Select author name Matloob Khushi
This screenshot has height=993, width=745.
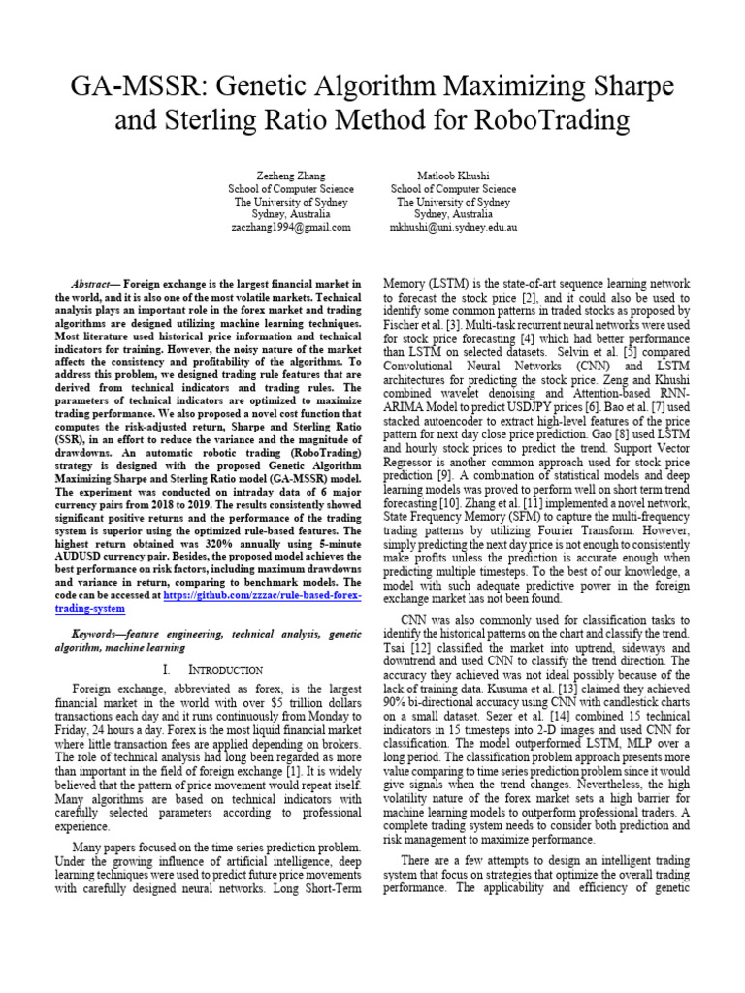[x=453, y=176]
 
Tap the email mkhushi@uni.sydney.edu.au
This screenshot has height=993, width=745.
[x=453, y=226]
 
